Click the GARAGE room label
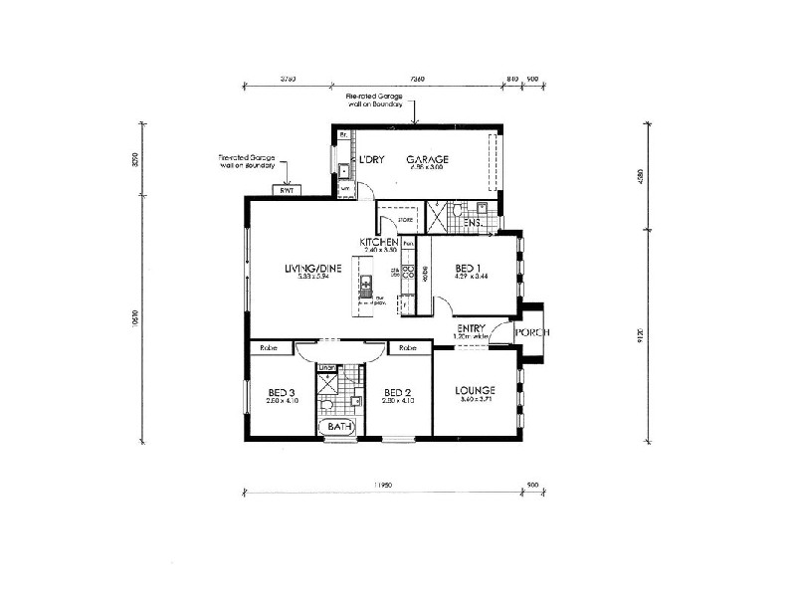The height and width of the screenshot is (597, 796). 427,159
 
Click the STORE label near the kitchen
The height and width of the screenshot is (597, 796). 405,221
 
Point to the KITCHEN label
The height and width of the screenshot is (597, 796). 379,243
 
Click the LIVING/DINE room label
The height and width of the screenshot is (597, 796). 313,269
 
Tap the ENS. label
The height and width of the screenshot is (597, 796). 473,223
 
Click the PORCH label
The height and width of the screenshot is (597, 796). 532,332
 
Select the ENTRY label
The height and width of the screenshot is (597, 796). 471,328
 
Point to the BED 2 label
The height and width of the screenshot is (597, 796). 396,391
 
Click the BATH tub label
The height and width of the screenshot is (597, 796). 340,428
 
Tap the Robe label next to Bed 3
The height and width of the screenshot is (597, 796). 268,348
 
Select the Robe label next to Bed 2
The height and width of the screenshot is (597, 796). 407,348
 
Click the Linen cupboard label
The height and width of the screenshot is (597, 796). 326,367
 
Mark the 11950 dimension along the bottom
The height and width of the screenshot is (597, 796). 383,485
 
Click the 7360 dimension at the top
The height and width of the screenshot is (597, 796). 418,77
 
